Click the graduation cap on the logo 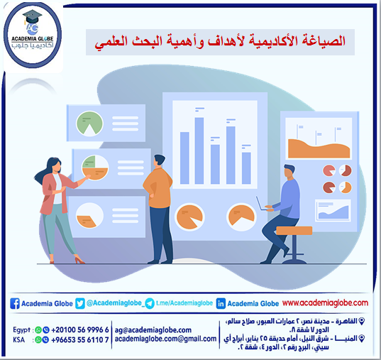(33, 16)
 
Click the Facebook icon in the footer (14, 303)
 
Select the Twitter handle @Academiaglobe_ (114, 303)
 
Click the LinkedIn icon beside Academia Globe (221, 303)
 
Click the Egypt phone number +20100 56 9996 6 (80, 329)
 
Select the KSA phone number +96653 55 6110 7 (80, 339)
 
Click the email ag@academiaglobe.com (153, 329)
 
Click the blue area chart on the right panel (334, 210)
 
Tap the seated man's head (288, 171)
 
